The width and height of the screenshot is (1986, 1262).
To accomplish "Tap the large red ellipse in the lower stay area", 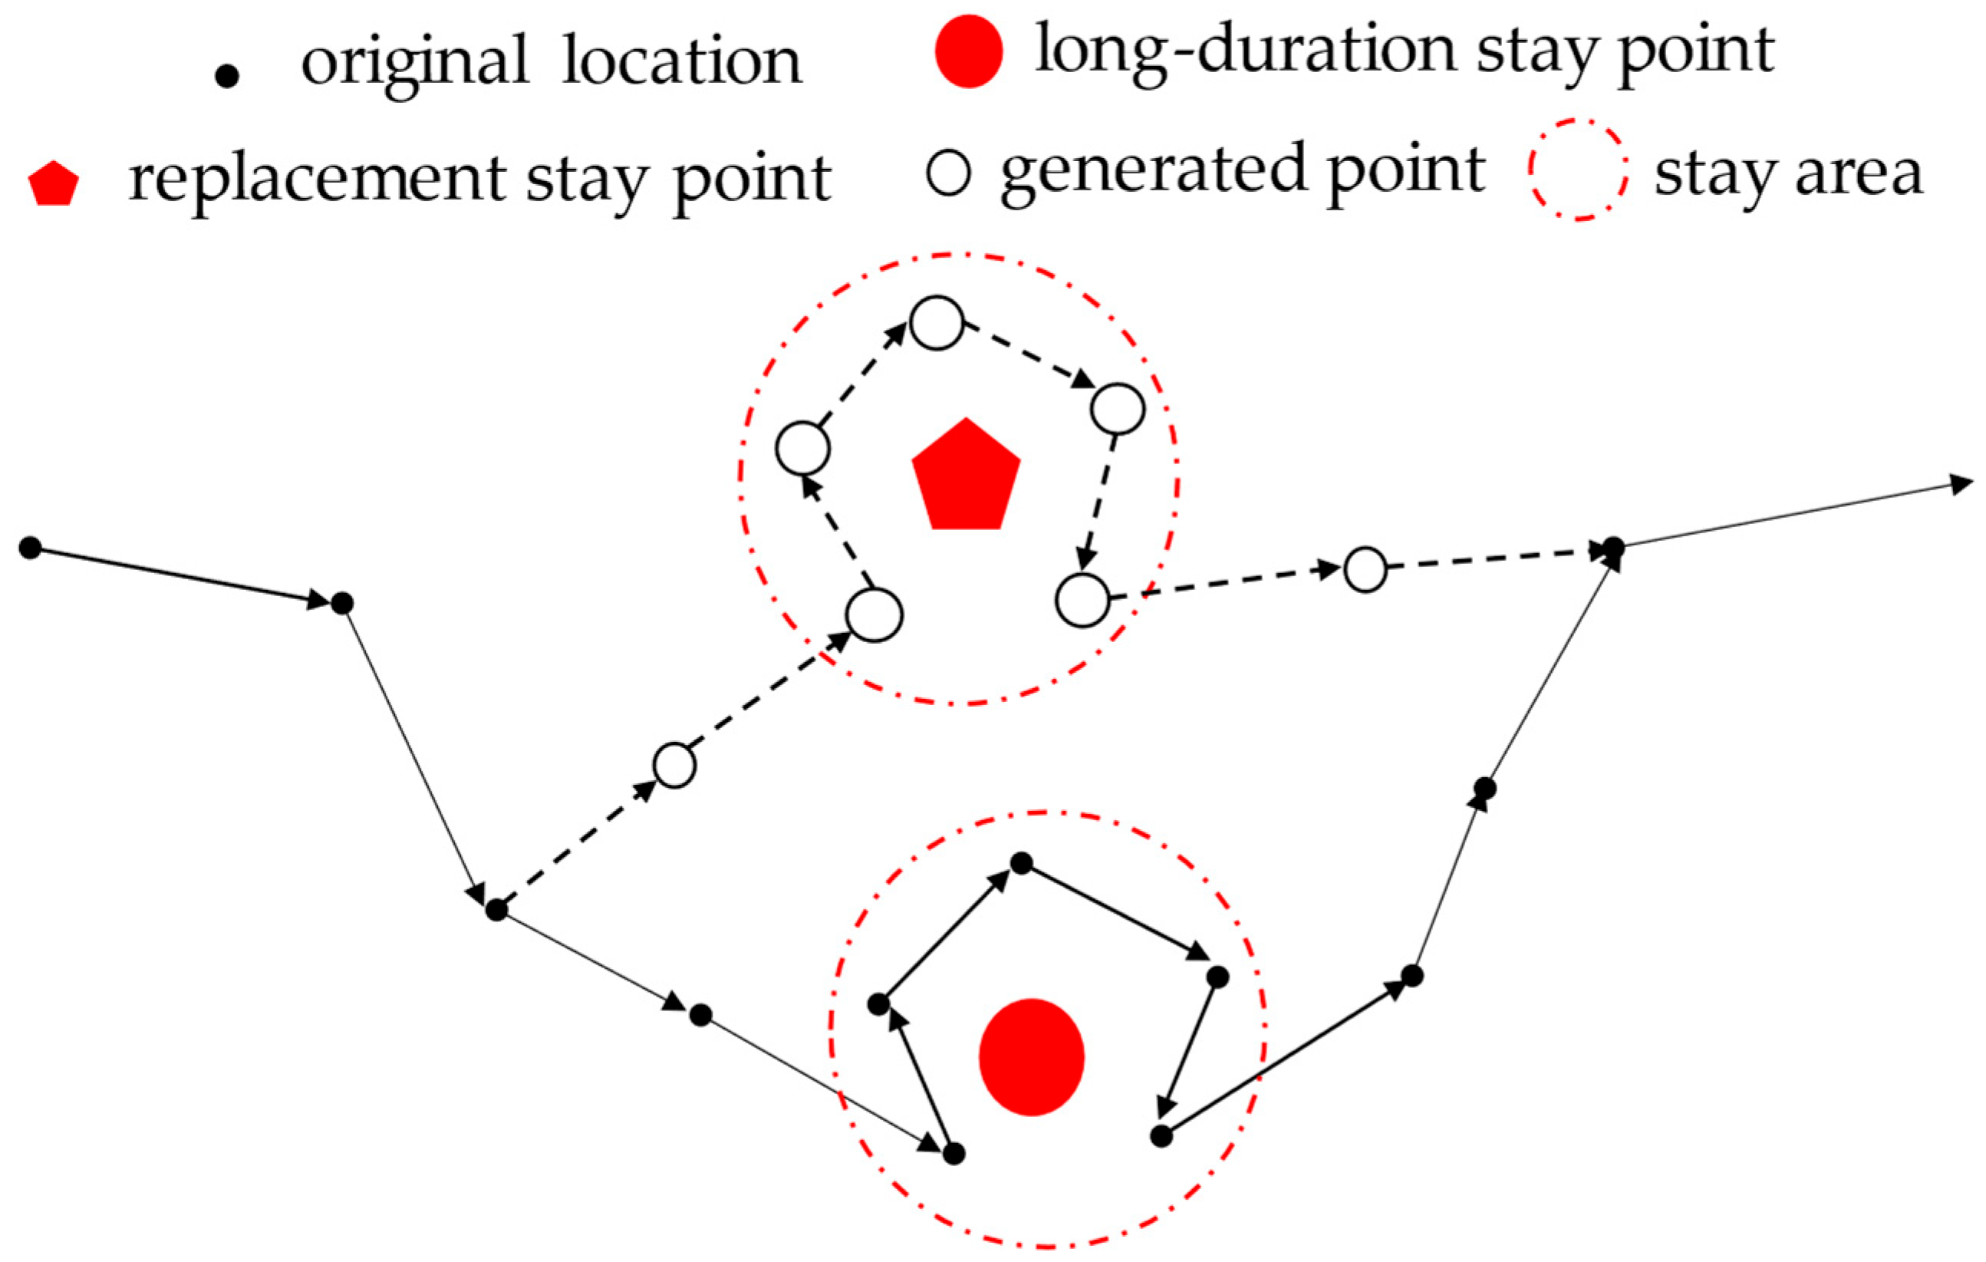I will (1031, 1057).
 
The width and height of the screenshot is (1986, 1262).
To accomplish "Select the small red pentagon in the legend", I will (54, 184).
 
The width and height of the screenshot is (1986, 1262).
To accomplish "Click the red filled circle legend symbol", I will (968, 51).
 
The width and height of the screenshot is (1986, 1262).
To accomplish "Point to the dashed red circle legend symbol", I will (1578, 170).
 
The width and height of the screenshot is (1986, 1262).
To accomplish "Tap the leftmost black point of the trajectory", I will (31, 547).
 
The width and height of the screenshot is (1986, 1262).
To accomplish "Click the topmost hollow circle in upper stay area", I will (936, 323).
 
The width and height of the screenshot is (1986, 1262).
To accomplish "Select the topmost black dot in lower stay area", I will (1021, 864).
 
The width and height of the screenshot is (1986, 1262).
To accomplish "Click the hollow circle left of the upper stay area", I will (674, 766).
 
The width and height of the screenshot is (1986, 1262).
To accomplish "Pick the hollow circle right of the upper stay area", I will (1365, 569).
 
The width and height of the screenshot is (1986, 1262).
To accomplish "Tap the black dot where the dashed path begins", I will (496, 911).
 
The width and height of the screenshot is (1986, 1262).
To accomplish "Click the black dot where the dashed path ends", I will (1613, 547).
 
